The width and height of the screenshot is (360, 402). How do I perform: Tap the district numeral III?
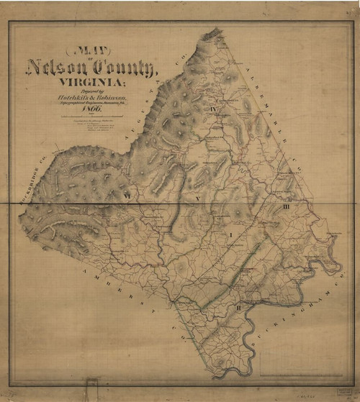[x=286, y=207]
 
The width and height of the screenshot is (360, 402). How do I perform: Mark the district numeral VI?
[x=126, y=194]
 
